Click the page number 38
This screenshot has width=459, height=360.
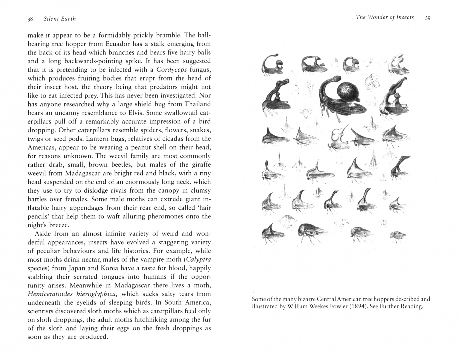pos(30,19)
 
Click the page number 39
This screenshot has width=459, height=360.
pos(428,18)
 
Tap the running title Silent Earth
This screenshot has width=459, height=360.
pos(60,19)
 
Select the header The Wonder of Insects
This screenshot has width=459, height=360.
pos(385,17)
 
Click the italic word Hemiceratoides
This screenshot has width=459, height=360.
pos(50,294)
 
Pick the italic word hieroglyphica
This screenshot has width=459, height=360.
pos(97,294)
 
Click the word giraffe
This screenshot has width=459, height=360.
pos(201,165)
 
